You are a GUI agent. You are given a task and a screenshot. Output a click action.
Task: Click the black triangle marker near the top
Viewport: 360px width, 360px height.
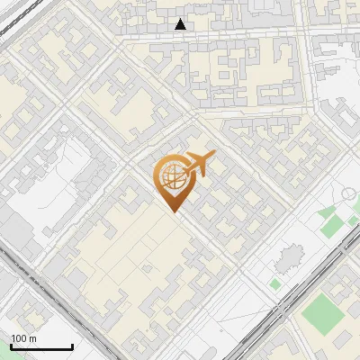pyautogui.click(x=181, y=24)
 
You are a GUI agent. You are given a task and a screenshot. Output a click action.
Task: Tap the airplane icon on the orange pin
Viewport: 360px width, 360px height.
pyautogui.click(x=198, y=165)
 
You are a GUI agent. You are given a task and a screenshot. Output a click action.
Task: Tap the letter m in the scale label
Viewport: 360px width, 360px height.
pyautogui.click(x=32, y=338)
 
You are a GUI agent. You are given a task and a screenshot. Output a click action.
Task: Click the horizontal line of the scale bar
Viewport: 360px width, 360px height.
pyautogui.click(x=41, y=347)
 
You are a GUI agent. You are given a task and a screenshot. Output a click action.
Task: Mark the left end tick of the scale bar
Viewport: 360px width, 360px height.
pyautogui.click(x=11, y=346)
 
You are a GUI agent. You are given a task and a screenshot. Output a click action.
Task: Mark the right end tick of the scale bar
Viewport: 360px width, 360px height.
pyautogui.click(x=72, y=346)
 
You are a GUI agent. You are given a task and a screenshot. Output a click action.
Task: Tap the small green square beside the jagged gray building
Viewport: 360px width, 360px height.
pyautogui.click(x=275, y=283)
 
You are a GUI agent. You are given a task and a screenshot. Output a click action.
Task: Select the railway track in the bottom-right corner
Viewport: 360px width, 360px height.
pyautogui.click(x=306, y=288)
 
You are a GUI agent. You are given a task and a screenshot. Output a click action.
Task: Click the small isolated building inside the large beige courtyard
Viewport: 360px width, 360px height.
pyautogui.click(x=147, y=269)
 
